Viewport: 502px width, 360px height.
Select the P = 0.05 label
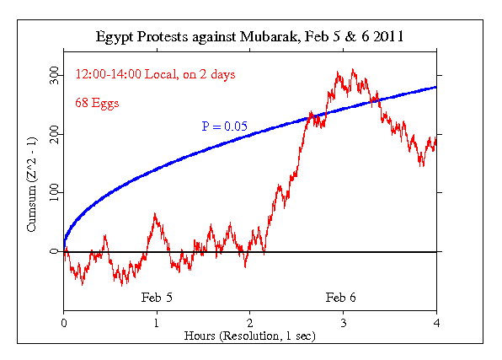tap(223, 126)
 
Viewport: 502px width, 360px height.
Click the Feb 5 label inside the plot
tap(157, 298)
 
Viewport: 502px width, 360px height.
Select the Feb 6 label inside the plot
tap(340, 298)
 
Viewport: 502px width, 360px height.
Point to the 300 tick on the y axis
tap(52, 76)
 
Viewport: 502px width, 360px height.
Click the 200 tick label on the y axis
tap(52, 134)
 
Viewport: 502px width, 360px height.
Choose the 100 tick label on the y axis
tap(52, 192)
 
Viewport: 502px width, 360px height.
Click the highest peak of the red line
tap(352, 70)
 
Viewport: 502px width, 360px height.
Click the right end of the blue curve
tap(435, 86)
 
